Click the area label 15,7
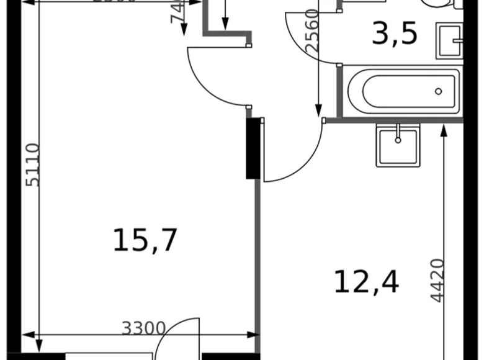[145, 240]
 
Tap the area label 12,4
[366, 282]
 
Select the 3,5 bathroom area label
[394, 35]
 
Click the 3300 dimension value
[143, 327]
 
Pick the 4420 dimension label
[437, 280]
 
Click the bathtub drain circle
[439, 91]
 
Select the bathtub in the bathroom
[403, 91]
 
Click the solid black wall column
[253, 148]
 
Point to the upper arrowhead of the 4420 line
[444, 130]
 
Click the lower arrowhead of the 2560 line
[319, 112]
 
